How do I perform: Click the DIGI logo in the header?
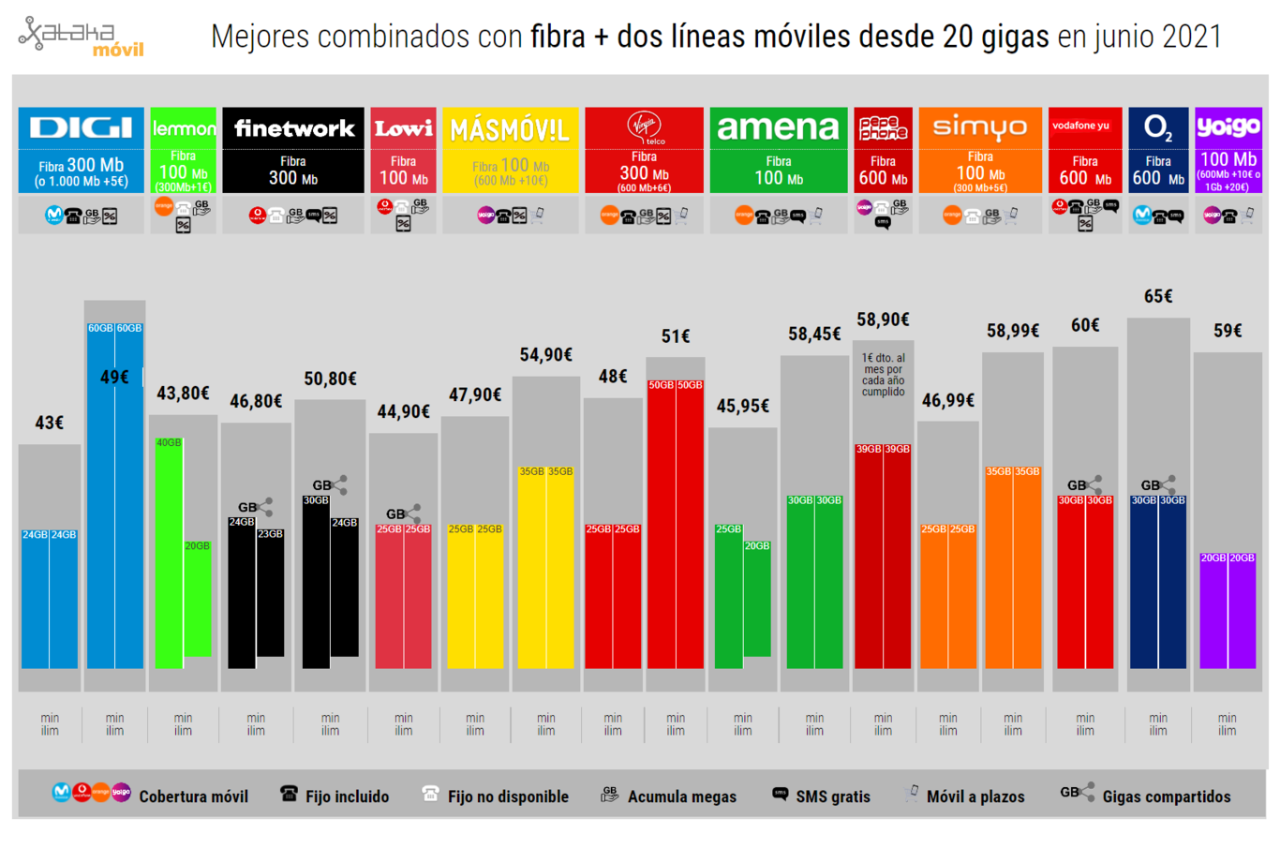click(81, 128)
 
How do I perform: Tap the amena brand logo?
click(778, 127)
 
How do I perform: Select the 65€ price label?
click(1158, 296)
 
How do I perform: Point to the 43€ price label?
click(49, 423)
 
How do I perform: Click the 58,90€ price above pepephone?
click(883, 320)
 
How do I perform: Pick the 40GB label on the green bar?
click(169, 442)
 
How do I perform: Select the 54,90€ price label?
click(545, 354)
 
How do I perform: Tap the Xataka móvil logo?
click(82, 37)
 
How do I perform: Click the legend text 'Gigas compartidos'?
click(1166, 796)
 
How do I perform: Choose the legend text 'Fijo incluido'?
click(347, 796)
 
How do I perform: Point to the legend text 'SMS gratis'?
click(832, 796)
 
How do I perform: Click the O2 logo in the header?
click(1158, 127)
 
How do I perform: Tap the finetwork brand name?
click(294, 128)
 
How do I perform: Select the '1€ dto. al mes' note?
click(883, 375)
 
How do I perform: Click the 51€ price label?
click(676, 335)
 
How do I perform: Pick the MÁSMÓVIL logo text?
click(510, 130)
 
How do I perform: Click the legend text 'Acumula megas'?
click(681, 796)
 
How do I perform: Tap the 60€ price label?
click(1085, 325)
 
